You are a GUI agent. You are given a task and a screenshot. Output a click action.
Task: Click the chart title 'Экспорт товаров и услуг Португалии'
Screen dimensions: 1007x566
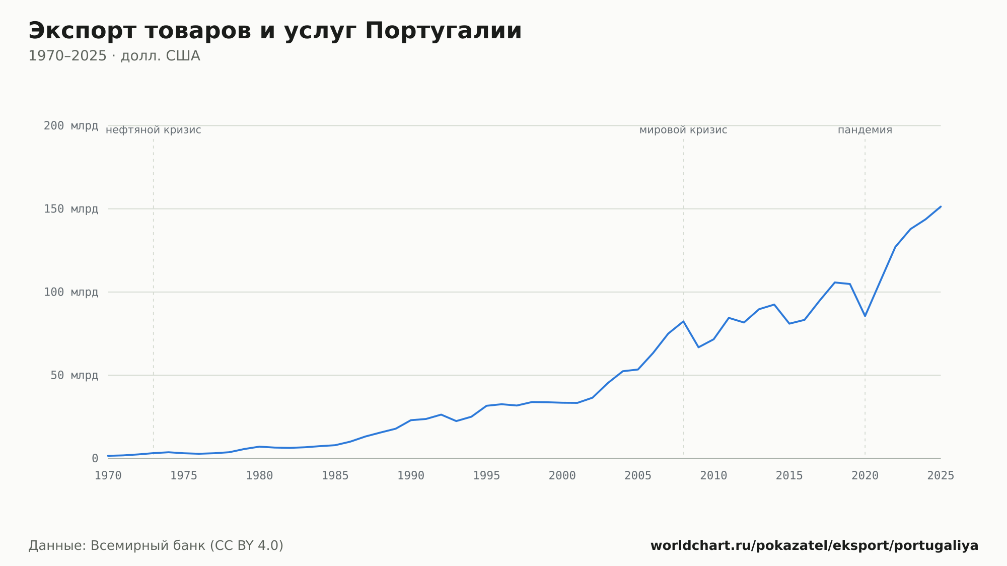275,31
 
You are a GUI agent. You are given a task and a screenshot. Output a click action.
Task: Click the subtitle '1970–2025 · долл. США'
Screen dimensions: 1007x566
114,56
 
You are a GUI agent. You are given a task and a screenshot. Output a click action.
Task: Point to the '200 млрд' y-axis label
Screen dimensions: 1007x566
71,126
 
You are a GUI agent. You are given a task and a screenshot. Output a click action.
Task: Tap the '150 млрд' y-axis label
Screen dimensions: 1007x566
71,209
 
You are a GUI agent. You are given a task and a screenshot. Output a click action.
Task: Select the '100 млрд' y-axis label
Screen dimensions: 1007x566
71,292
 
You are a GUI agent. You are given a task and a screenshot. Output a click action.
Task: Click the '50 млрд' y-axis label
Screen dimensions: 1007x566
75,375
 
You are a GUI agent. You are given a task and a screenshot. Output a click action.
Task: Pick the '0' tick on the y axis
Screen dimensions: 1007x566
95,459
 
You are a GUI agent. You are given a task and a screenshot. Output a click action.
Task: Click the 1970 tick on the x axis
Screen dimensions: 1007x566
108,476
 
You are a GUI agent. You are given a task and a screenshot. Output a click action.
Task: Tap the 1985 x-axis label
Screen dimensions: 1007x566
335,476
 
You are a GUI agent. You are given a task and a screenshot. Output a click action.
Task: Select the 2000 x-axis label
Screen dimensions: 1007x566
562,476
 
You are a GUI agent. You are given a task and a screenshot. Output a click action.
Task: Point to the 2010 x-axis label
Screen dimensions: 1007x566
713,476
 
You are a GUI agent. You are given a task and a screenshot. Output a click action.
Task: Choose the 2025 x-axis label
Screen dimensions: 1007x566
941,476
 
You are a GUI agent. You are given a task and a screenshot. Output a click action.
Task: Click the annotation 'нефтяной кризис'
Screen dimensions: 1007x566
154,130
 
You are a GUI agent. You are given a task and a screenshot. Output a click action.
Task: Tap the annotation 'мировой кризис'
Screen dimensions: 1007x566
683,130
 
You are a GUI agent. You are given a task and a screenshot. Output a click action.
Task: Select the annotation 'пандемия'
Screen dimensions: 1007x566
865,130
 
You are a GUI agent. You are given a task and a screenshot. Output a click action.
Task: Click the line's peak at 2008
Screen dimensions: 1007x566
683,321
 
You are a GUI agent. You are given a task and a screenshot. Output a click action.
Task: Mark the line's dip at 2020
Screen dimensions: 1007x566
865,316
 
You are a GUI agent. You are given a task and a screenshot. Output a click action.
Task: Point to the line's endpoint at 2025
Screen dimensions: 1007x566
941,206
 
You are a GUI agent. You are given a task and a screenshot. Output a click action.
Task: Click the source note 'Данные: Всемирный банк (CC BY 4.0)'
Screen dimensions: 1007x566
156,546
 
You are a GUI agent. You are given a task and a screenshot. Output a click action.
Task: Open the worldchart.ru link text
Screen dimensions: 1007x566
814,546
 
